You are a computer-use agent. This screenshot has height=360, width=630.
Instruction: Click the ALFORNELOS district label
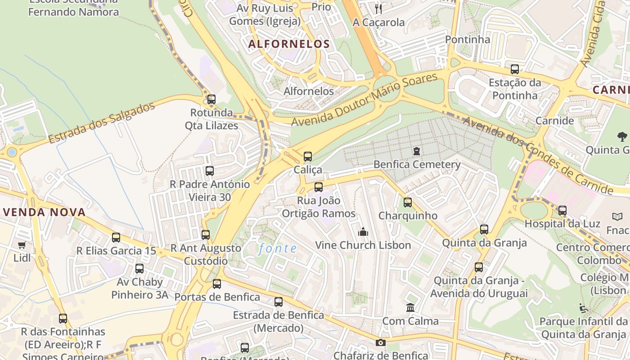[289, 44]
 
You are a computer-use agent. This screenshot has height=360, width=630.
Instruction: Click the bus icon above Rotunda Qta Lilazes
[211, 99]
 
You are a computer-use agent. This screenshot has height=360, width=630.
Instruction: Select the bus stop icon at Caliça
[308, 157]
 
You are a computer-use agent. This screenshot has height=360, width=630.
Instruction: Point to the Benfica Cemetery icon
[417, 151]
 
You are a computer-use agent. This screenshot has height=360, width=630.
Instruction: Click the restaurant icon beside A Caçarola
[378, 9]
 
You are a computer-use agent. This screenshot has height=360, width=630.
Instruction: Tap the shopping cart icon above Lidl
[22, 245]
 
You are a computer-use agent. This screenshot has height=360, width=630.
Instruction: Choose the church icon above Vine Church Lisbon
[363, 232]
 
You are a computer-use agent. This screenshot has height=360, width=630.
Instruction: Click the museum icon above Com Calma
[410, 308]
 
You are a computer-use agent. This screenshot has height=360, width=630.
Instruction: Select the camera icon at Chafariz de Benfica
[381, 343]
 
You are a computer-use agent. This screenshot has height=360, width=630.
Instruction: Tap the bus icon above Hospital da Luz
[562, 211]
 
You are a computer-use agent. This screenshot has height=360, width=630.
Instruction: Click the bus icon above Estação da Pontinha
[514, 70]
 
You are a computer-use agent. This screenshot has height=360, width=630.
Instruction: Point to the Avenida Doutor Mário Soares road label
[364, 100]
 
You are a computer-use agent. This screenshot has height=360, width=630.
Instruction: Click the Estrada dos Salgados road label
[102, 123]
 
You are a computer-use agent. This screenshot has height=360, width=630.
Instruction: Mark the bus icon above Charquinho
[408, 202]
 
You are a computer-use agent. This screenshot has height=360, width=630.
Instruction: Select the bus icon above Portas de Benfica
[217, 284]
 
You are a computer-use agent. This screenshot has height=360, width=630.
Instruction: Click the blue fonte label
[278, 248]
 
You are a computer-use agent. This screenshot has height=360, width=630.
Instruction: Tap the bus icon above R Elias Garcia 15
[116, 238]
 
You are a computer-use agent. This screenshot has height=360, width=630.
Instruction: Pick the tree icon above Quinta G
[622, 136]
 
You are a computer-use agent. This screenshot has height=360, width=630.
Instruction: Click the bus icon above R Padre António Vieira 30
[210, 171]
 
